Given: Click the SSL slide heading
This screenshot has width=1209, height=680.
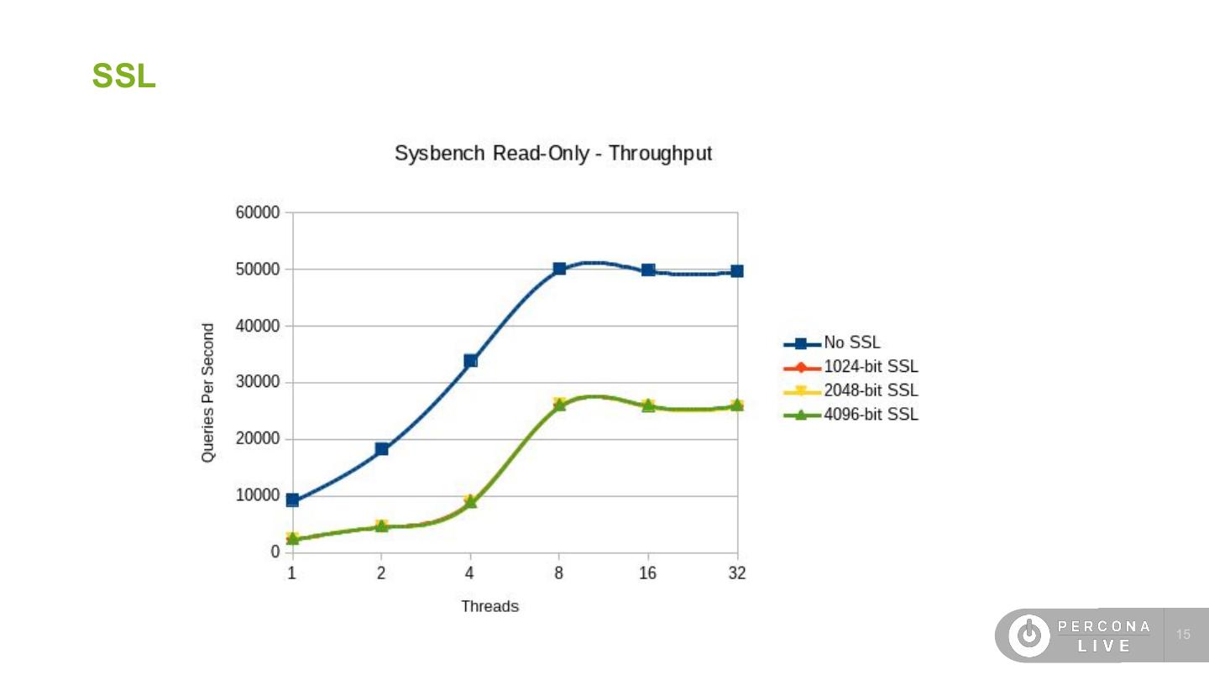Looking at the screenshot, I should [x=123, y=76].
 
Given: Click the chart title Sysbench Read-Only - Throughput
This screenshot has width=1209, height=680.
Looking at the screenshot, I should [x=553, y=154].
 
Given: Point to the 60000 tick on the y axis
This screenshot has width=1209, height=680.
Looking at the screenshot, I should [x=257, y=213].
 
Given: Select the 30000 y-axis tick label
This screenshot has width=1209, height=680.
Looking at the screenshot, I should [x=257, y=383].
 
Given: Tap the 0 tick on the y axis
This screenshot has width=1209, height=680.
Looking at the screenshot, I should [x=275, y=552].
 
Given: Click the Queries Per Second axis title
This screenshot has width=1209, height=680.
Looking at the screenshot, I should [x=208, y=393].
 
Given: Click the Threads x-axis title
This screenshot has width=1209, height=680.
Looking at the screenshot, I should [x=489, y=606].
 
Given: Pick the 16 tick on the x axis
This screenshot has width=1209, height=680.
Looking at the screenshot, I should [x=647, y=573].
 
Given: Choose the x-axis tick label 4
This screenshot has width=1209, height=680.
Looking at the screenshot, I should [x=470, y=573].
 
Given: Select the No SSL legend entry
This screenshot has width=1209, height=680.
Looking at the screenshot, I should [x=851, y=343].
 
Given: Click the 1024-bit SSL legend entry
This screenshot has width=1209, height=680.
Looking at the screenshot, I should [x=871, y=367].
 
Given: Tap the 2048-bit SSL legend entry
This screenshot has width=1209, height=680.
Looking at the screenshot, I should [x=871, y=390].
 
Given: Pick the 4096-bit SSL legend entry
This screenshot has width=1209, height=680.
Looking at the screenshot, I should [x=871, y=414].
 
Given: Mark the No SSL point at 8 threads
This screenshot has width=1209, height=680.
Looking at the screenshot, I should [x=559, y=269].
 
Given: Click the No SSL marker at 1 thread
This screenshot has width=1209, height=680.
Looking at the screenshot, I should [x=292, y=500].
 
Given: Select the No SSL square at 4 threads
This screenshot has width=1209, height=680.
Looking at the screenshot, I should [x=470, y=361].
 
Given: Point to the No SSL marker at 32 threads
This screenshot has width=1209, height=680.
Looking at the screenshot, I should [x=736, y=271].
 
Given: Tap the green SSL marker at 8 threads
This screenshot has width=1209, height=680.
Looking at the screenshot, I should [x=559, y=405].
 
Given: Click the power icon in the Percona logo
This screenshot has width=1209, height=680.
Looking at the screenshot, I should [x=1028, y=636].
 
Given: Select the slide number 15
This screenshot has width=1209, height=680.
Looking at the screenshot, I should [x=1184, y=635].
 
